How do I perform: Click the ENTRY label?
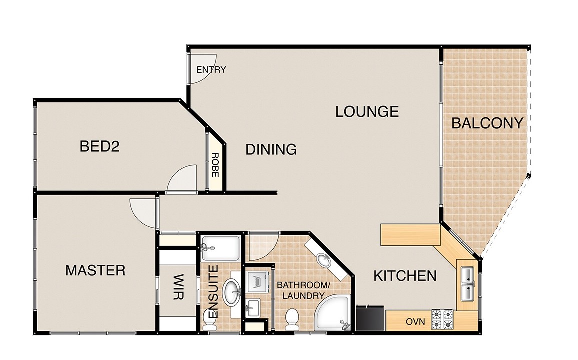click(x=211, y=69)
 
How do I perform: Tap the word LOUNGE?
click(x=367, y=111)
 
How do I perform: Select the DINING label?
click(x=271, y=149)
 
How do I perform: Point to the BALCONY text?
click(x=487, y=123)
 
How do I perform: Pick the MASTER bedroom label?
click(x=95, y=271)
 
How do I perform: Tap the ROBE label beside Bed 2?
click(x=215, y=165)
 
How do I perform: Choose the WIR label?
click(x=179, y=287)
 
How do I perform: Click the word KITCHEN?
click(x=405, y=276)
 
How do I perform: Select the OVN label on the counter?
click(x=415, y=322)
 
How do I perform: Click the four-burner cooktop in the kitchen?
click(x=442, y=319)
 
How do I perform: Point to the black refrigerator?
click(x=370, y=318)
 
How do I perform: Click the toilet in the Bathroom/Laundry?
click(x=292, y=319)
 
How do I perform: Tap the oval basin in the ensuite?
click(x=232, y=291)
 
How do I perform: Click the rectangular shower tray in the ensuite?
click(x=220, y=249)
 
